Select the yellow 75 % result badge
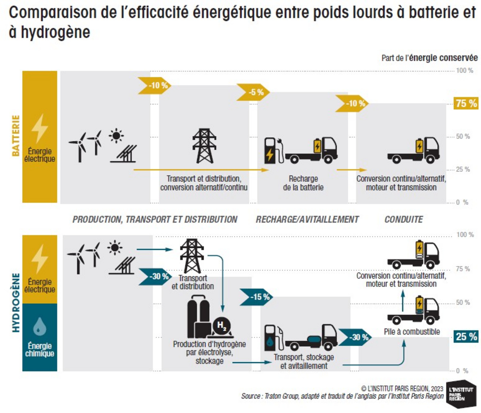pyautogui.click(x=465, y=104)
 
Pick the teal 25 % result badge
pyautogui.click(x=466, y=337)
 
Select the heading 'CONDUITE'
pyautogui.click(x=403, y=219)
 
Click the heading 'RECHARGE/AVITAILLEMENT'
pyautogui.click(x=307, y=219)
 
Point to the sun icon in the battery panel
pyautogui.click(x=117, y=135)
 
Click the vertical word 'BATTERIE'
pyautogui.click(x=15, y=136)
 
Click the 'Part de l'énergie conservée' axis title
pyautogui.click(x=429, y=58)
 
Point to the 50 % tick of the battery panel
pyautogui.click(x=463, y=136)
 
